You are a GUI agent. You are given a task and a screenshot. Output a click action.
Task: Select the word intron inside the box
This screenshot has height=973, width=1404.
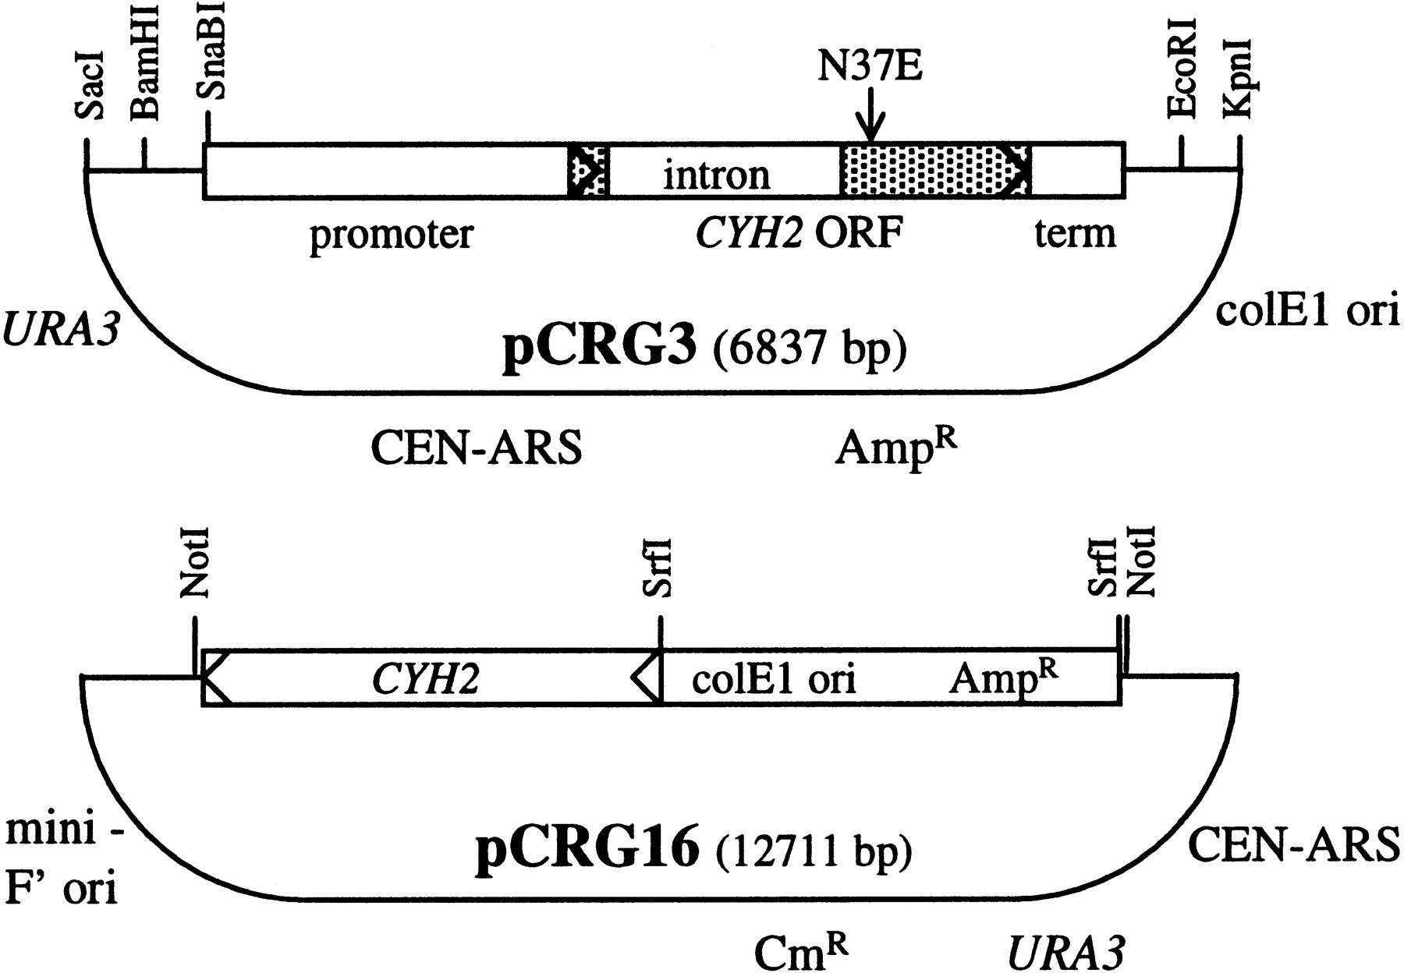(x=716, y=175)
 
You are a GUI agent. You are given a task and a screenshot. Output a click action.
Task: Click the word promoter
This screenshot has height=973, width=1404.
(x=392, y=233)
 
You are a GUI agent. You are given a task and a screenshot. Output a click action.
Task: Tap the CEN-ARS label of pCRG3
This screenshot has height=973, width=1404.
(x=476, y=449)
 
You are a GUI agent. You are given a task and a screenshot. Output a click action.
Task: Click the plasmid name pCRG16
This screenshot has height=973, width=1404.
(x=587, y=849)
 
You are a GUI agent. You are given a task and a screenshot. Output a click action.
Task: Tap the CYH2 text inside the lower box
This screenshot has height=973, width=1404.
(x=425, y=679)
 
